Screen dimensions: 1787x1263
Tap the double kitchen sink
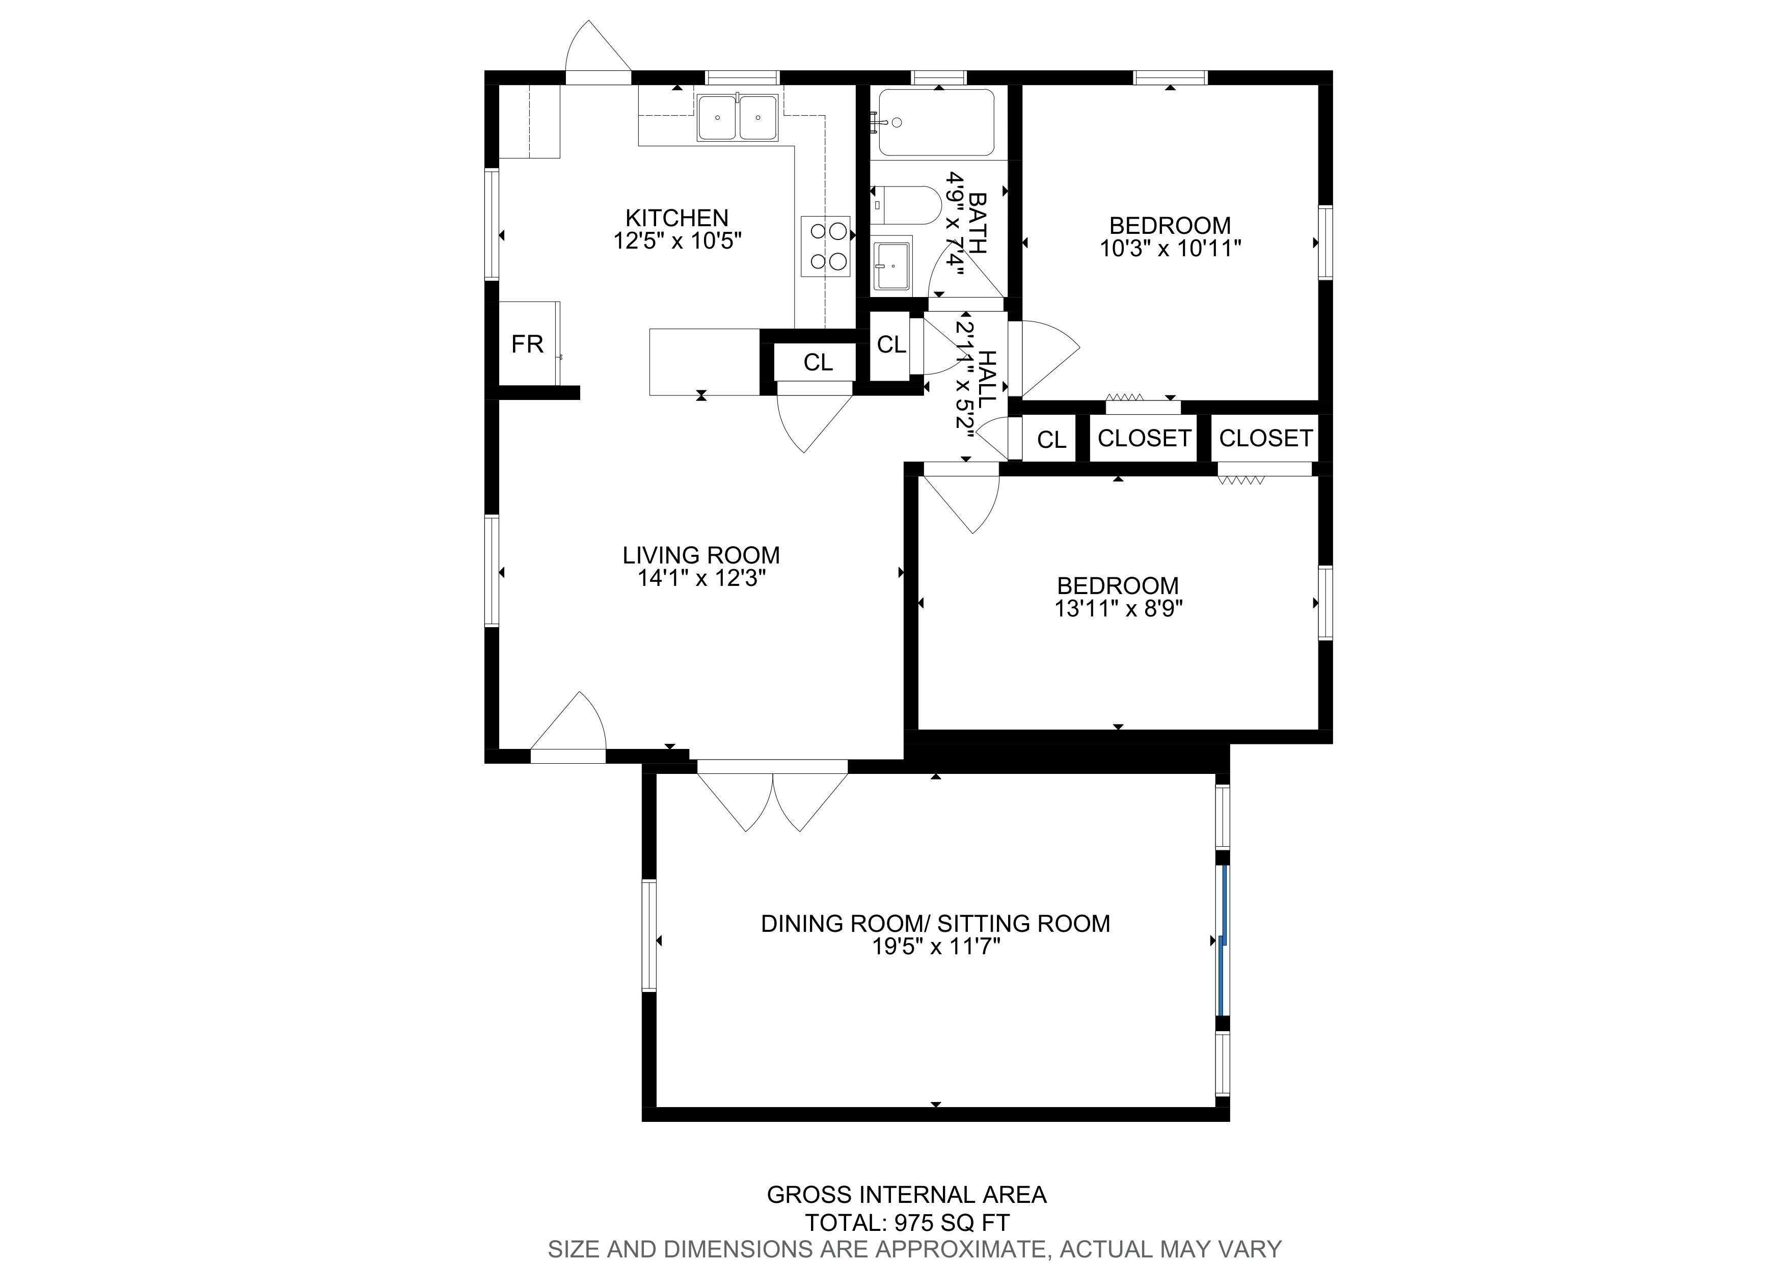point(737,118)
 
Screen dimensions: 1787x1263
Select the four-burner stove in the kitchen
point(826,246)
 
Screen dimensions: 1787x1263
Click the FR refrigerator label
point(527,344)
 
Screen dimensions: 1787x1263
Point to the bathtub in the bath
point(936,123)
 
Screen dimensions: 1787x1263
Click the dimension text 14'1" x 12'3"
point(702,578)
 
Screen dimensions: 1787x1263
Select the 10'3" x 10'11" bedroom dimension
point(1170,248)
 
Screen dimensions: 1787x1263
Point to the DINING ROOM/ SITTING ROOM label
point(936,923)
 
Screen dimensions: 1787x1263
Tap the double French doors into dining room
point(772,801)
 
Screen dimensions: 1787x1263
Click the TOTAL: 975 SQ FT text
point(908,1223)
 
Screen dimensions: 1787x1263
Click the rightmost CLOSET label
point(1265,438)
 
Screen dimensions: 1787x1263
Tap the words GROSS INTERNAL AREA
point(907,1195)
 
